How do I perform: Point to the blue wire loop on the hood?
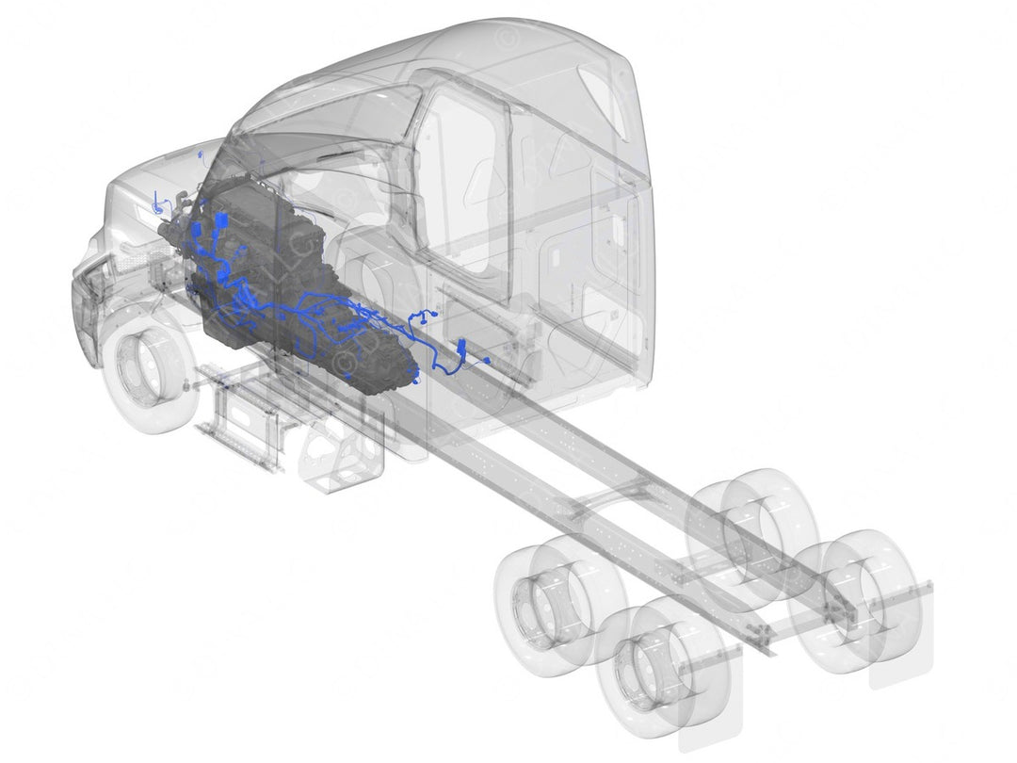(x=157, y=201)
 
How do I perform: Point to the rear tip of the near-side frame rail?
(x=767, y=650)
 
